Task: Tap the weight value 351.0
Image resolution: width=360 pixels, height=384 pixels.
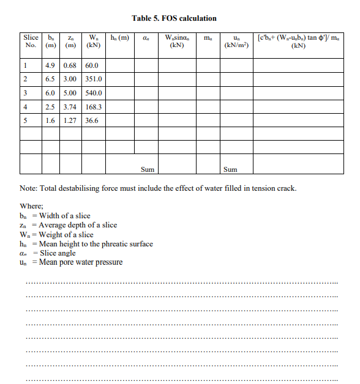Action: click(x=94, y=79)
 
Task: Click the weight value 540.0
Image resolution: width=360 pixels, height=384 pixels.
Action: click(x=94, y=94)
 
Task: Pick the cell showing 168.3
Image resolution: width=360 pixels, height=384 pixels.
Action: click(x=94, y=107)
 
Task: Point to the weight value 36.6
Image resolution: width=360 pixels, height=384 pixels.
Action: click(x=92, y=120)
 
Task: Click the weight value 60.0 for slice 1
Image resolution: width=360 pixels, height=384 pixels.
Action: click(x=92, y=65)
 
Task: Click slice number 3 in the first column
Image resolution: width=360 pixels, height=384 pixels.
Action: click(x=24, y=94)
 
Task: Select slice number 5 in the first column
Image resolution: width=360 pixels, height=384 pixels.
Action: click(x=24, y=120)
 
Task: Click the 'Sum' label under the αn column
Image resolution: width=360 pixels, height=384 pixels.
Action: click(x=148, y=169)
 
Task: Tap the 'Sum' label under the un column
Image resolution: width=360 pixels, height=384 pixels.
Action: click(x=230, y=169)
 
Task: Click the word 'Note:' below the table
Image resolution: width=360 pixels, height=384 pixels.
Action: click(x=29, y=188)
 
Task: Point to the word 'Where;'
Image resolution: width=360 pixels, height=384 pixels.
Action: click(x=32, y=207)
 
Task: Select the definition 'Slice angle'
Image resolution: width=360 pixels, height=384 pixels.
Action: click(x=58, y=253)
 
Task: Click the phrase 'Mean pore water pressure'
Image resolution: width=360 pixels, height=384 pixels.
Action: click(x=81, y=262)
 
